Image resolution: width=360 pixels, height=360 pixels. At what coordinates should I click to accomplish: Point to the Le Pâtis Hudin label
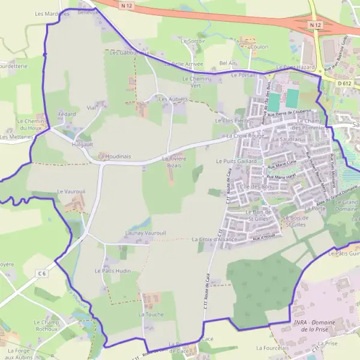point(113,271)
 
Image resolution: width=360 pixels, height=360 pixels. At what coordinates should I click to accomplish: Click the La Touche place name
point(151,314)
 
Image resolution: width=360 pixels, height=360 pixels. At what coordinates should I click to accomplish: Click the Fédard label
point(67,113)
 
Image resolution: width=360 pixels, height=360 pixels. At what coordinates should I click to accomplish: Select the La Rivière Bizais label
point(175,161)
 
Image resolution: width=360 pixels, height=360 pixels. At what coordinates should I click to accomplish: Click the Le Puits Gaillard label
point(236,161)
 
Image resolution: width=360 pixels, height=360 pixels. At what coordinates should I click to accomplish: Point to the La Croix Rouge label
point(245,136)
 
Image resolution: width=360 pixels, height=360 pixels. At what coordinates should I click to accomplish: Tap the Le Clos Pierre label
point(232,121)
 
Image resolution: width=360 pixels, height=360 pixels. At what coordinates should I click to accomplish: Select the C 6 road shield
point(41,274)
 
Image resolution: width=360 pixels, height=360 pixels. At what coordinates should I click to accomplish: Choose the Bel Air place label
point(228,62)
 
